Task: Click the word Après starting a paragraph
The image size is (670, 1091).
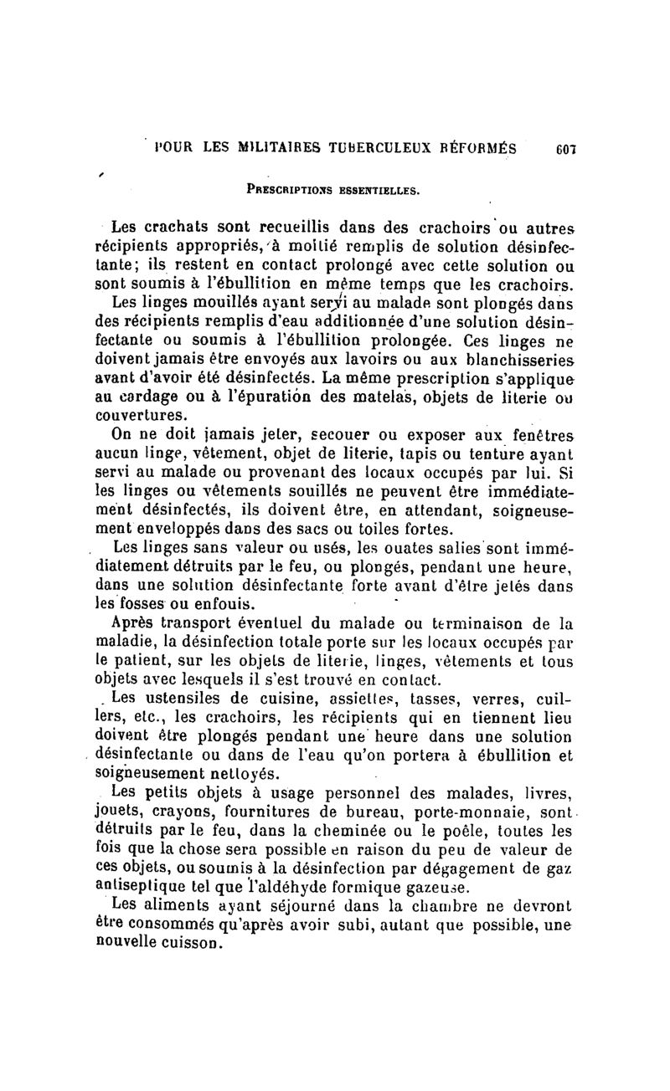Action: coord(136,623)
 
